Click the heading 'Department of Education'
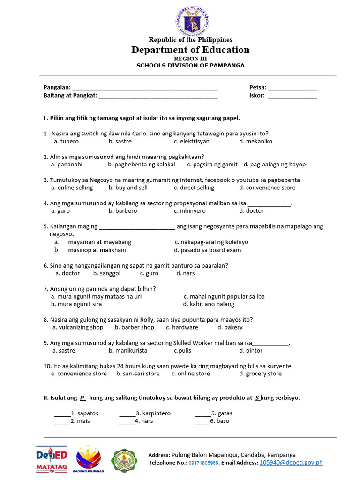(190, 50)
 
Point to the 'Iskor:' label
(257, 96)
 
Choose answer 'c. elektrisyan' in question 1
(192, 141)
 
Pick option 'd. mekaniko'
(255, 141)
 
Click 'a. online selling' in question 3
(72, 187)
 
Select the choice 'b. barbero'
(123, 211)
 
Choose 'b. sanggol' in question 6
(107, 273)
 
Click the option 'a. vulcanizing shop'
(78, 327)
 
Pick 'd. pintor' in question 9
(251, 351)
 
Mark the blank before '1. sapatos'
(62, 414)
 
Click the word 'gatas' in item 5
(225, 413)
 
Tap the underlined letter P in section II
(82, 398)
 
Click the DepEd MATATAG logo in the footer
(52, 459)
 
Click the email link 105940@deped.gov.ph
(291, 463)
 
